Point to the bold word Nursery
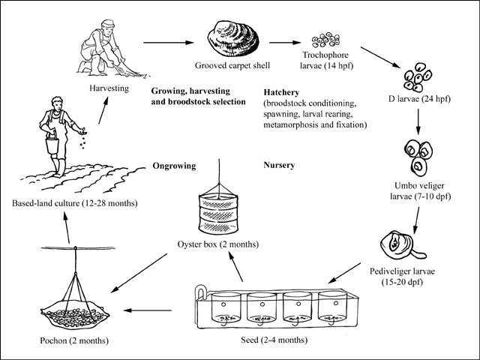[280, 164]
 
